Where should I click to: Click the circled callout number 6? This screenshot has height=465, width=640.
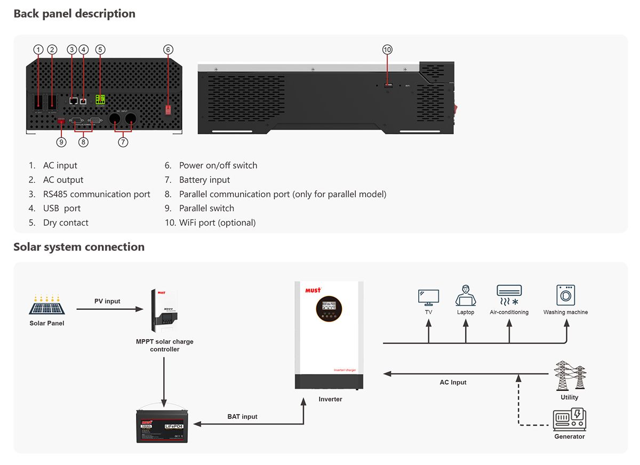coord(168,50)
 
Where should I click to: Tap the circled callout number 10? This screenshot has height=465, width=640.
coord(387,50)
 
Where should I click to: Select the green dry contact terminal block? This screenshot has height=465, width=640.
coord(100,99)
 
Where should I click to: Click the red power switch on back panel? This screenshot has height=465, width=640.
coord(169,109)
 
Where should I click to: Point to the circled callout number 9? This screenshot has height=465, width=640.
coord(61,142)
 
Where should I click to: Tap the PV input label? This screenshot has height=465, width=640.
coord(107,301)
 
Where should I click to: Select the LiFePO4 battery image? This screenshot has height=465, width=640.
coord(160,425)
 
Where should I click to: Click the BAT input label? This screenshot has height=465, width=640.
coord(242,416)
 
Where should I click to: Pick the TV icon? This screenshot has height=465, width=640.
coord(428,297)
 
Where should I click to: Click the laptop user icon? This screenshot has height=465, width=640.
coord(466,295)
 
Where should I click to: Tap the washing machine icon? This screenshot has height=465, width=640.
coord(565,295)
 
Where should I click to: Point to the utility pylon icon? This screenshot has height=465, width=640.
coord(570,375)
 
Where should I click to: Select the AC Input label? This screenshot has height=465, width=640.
coord(453,382)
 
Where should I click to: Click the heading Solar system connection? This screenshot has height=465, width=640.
coord(79,247)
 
